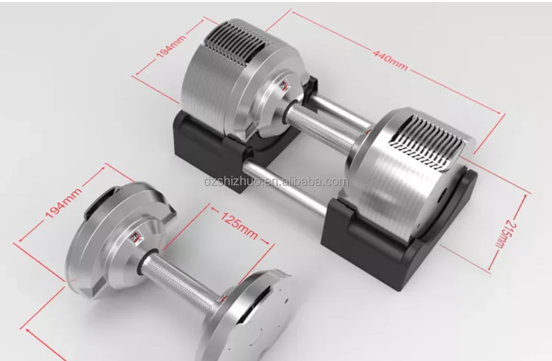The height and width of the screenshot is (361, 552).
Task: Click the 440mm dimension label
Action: tap(390, 59)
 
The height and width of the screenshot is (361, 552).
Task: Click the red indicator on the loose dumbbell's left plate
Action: tap(134, 238)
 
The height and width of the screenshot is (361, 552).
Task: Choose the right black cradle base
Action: tap(394, 249)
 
